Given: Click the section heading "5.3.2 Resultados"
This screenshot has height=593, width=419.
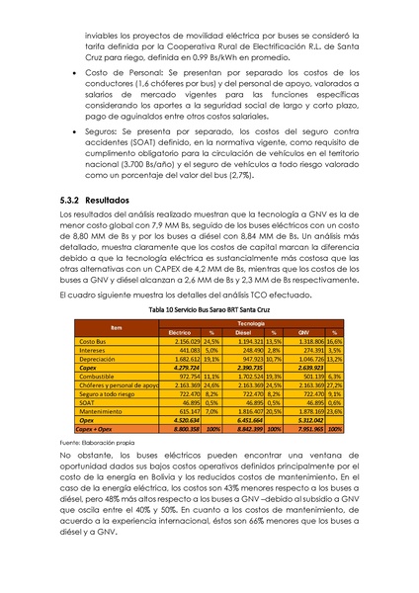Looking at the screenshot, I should point(94,227).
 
